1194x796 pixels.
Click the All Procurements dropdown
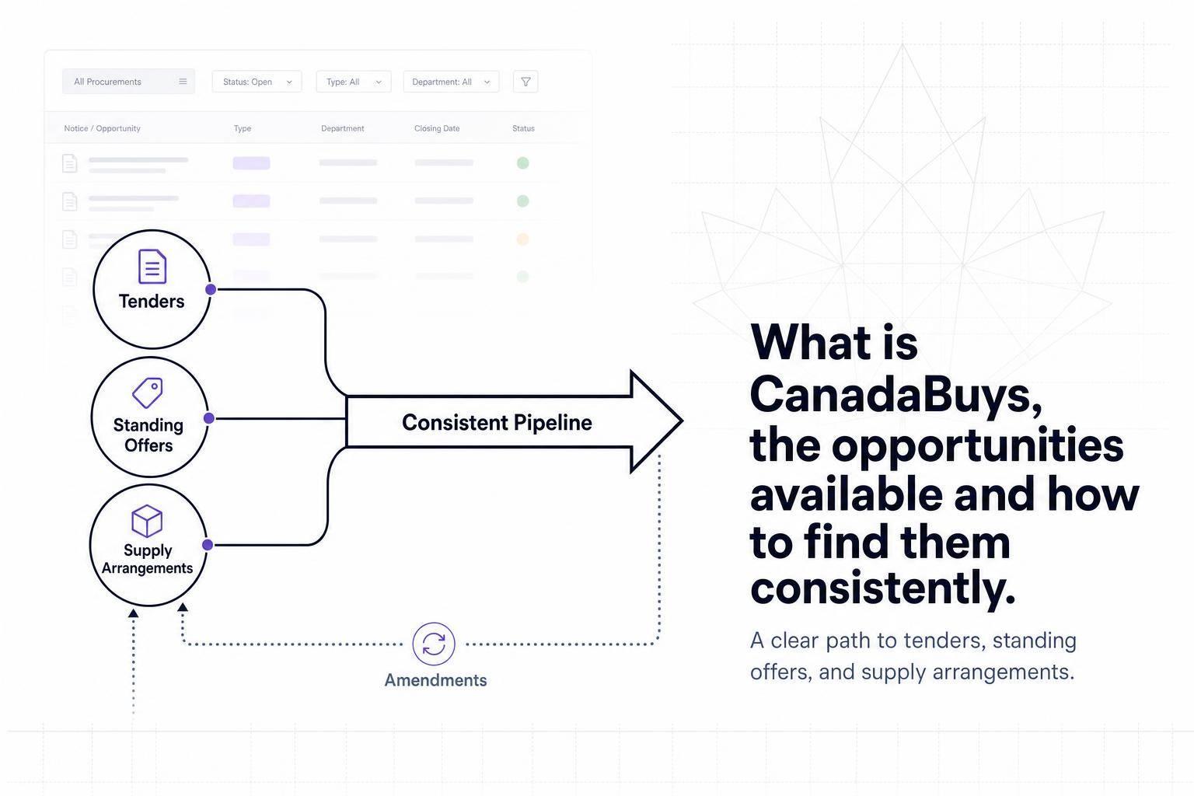click(x=128, y=82)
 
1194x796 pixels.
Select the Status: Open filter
click(x=257, y=82)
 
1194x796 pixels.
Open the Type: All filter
click(x=354, y=82)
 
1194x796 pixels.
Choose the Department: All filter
click(x=451, y=82)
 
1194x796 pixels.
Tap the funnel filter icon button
click(x=525, y=82)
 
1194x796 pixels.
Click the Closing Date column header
click(x=437, y=128)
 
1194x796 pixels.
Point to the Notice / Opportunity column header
click(x=103, y=128)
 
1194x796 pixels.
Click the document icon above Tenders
click(x=152, y=266)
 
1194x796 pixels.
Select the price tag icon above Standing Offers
click(x=148, y=393)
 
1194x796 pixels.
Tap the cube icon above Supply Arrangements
click(x=147, y=521)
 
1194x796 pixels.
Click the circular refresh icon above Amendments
click(x=434, y=644)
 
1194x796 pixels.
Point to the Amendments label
click(x=435, y=680)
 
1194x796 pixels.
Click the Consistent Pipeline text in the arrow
click(x=497, y=422)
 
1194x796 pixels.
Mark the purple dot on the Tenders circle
click(x=211, y=289)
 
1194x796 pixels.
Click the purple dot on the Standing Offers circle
click(x=209, y=418)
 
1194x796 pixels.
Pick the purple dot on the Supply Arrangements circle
click(x=208, y=545)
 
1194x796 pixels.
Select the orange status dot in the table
click(x=523, y=239)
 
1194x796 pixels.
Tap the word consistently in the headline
click(x=883, y=588)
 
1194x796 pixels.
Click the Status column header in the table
click(x=523, y=128)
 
